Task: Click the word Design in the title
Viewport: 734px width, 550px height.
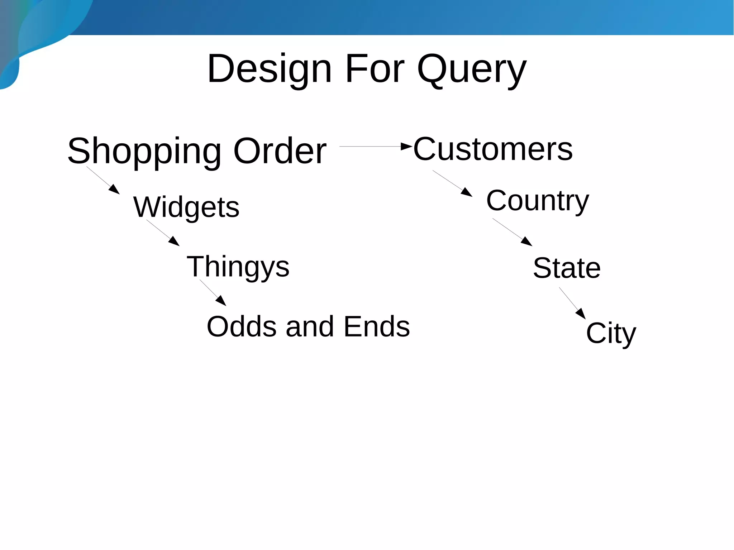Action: pos(270,69)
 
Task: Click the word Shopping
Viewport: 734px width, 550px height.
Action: pos(144,151)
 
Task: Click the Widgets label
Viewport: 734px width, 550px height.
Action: pos(186,207)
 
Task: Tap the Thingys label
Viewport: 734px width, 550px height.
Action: pos(238,267)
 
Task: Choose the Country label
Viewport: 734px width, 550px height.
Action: pos(537,201)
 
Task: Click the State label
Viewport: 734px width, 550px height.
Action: pos(567,268)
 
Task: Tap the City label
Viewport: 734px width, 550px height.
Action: pos(611,333)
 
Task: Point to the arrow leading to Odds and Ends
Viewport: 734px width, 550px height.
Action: pos(213,293)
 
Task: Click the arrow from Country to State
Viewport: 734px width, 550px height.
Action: pos(512,232)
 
